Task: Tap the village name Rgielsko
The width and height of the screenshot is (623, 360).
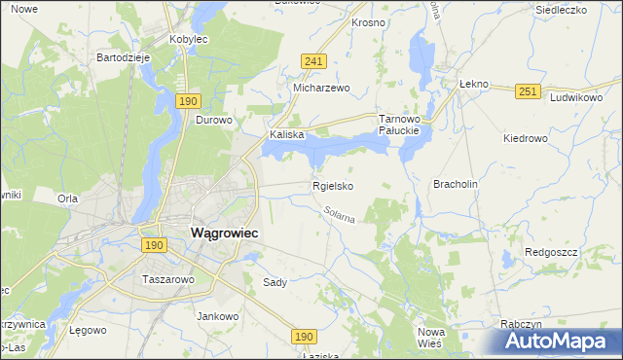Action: [332, 186]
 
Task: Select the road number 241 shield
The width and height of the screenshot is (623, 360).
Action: [312, 60]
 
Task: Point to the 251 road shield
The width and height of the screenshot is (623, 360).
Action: [528, 91]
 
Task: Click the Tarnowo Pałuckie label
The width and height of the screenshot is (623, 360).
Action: [398, 124]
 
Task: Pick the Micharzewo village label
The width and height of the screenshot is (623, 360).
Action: [321, 87]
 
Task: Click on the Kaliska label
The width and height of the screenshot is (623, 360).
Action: [288, 135]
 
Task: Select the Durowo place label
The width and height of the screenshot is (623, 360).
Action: [214, 121]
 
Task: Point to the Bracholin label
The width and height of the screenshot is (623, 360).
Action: [456, 184]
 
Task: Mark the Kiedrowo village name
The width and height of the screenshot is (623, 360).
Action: [526, 138]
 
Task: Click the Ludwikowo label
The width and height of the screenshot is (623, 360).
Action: [576, 98]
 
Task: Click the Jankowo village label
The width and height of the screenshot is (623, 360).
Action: [218, 316]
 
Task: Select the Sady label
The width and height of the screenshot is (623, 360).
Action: [275, 282]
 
